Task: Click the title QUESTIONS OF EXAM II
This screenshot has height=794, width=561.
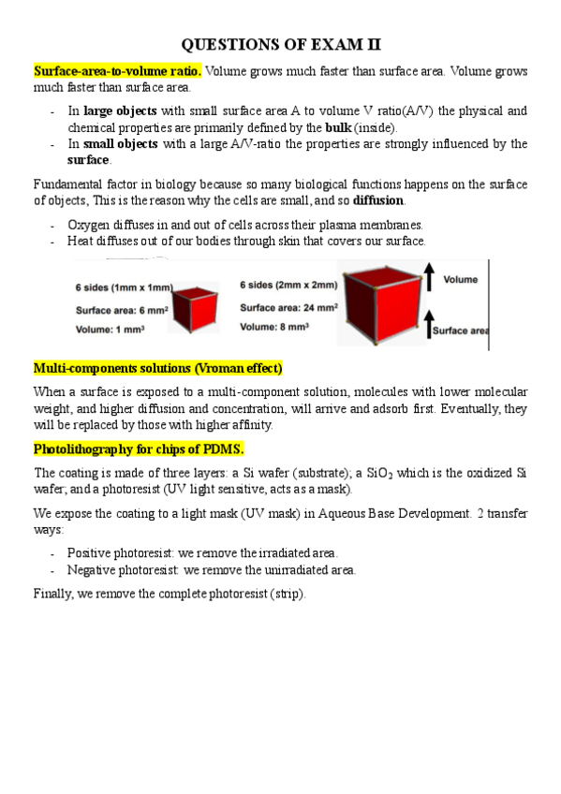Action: pos(280,44)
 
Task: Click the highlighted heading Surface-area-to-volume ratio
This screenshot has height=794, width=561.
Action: pos(117,71)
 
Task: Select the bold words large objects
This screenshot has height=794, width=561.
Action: pos(120,110)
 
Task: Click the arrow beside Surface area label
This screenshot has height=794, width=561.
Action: pos(428,325)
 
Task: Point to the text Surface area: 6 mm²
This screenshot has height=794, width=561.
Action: pos(118,310)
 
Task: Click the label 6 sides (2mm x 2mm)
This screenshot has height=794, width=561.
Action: pos(287,286)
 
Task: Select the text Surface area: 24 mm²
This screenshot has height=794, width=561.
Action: pos(288,307)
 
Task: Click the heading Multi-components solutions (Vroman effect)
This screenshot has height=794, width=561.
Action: pos(157,367)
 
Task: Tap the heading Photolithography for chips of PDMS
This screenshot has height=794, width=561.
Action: pos(139,449)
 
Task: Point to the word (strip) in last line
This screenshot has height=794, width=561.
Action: pos(285,594)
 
